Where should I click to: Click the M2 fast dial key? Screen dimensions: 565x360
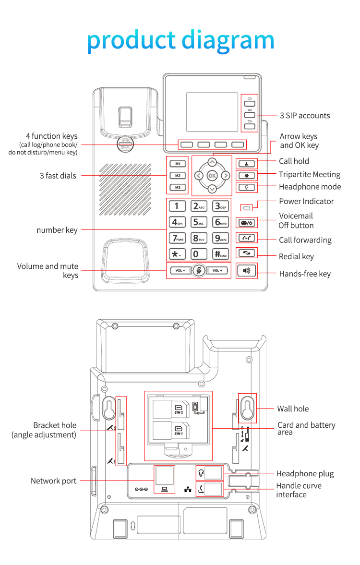pyautogui.click(x=178, y=176)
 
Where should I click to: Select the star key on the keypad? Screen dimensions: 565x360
pyautogui.click(x=177, y=254)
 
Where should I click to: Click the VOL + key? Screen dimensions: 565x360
pyautogui.click(x=217, y=271)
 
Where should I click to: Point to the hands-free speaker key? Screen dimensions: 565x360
pyautogui.click(x=247, y=271)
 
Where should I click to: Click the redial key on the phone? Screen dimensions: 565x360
pyautogui.click(x=247, y=252)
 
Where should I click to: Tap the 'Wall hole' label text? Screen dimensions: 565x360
pyautogui.click(x=293, y=409)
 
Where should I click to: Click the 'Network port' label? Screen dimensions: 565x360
pyautogui.click(x=54, y=481)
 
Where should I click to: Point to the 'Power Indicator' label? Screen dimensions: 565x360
pyautogui.click(x=306, y=201)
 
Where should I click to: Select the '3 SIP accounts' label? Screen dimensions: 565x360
pyautogui.click(x=305, y=116)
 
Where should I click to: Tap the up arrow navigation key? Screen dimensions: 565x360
pyautogui.click(x=212, y=162)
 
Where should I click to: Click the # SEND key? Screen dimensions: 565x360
pyautogui.click(x=220, y=254)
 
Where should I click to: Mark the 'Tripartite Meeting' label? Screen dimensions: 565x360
pyautogui.click(x=310, y=175)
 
